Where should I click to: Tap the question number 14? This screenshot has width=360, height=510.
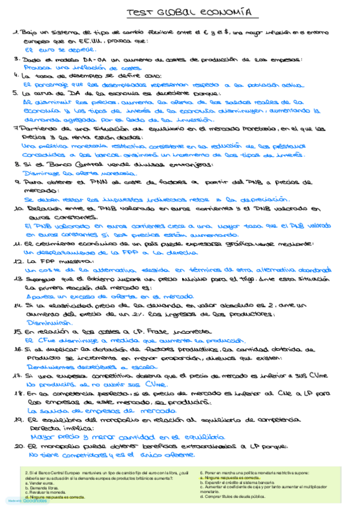17,306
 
